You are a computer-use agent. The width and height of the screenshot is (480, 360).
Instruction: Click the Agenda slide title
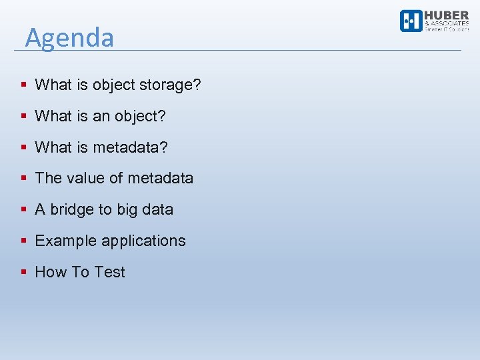tap(69, 37)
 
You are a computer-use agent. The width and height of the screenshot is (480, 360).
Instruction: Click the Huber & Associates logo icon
tap(411, 21)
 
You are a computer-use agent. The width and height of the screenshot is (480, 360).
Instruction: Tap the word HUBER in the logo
tap(447, 16)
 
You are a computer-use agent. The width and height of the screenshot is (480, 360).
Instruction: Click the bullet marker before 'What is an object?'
tap(23, 116)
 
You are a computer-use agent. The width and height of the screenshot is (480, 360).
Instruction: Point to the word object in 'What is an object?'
tap(139, 116)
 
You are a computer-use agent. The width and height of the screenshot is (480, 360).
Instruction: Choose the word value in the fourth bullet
tap(86, 178)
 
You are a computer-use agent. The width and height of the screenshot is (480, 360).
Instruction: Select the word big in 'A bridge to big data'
tap(127, 210)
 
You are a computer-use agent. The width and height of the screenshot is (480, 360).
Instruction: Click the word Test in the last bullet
tap(110, 272)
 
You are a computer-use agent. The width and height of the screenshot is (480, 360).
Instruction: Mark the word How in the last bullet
tap(50, 272)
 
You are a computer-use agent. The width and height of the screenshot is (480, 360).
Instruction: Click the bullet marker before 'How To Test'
tap(23, 272)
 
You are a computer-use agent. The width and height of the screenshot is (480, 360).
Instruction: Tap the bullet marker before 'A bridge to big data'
tap(23, 209)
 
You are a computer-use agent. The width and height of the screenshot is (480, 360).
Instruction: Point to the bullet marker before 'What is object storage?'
tap(23, 85)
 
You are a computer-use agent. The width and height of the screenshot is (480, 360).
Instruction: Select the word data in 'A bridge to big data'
tap(157, 209)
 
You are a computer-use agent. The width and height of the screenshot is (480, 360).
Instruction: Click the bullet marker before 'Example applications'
tap(23, 241)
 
